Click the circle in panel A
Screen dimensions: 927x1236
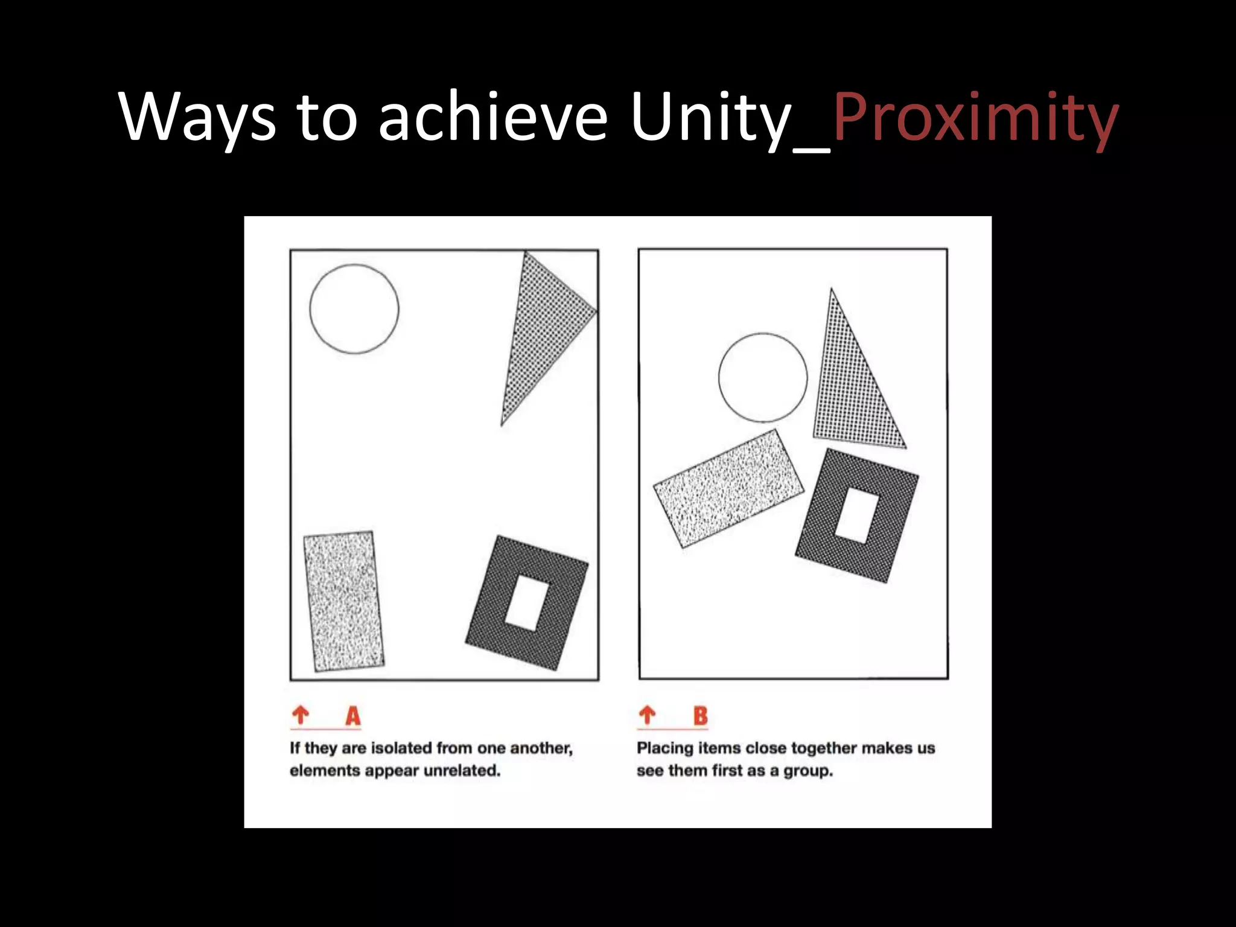point(354,308)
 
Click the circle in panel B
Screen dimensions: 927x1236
point(763,377)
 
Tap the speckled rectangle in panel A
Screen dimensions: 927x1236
point(343,601)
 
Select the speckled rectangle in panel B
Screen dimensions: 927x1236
point(728,489)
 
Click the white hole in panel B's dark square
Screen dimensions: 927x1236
point(856,515)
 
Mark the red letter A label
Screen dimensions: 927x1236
point(353,716)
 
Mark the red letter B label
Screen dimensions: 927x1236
point(700,716)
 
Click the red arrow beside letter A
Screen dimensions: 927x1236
point(301,715)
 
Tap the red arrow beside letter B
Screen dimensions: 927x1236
point(647,715)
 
